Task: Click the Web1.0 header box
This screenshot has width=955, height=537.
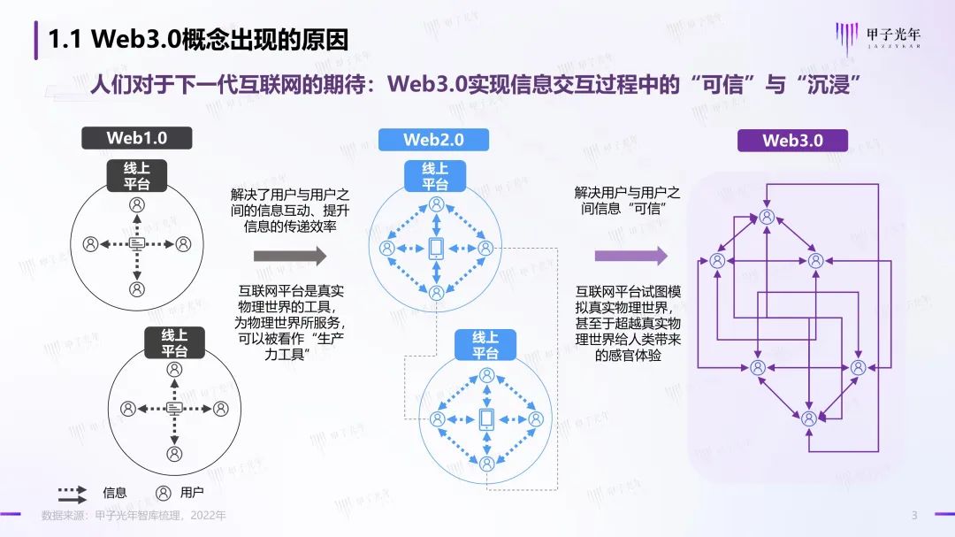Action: coord(136,138)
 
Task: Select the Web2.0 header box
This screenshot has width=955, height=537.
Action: coord(433,140)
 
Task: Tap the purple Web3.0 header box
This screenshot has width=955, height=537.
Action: coord(792,140)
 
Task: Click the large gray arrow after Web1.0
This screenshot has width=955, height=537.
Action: coord(290,257)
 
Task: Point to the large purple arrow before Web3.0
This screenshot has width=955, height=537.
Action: coord(630,257)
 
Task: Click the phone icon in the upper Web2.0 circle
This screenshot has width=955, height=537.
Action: coord(436,249)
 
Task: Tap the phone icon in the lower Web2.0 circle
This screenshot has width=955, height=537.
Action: coord(485,419)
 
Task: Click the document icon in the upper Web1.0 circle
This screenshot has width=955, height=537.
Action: coord(137,243)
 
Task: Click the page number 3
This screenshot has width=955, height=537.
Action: coord(914,516)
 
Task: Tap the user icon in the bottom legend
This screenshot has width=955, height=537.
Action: coord(163,493)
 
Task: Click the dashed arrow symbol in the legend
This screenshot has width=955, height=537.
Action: coord(72,493)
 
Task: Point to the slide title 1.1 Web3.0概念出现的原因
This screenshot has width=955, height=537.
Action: coord(197,40)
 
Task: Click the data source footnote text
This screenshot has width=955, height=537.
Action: coord(134,516)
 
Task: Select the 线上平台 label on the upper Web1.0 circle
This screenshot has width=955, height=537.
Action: coord(136,176)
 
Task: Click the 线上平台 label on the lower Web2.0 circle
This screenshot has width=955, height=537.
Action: coord(485,344)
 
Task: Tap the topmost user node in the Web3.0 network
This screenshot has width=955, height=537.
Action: coord(767,217)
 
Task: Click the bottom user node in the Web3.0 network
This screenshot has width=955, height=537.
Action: coord(808,418)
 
